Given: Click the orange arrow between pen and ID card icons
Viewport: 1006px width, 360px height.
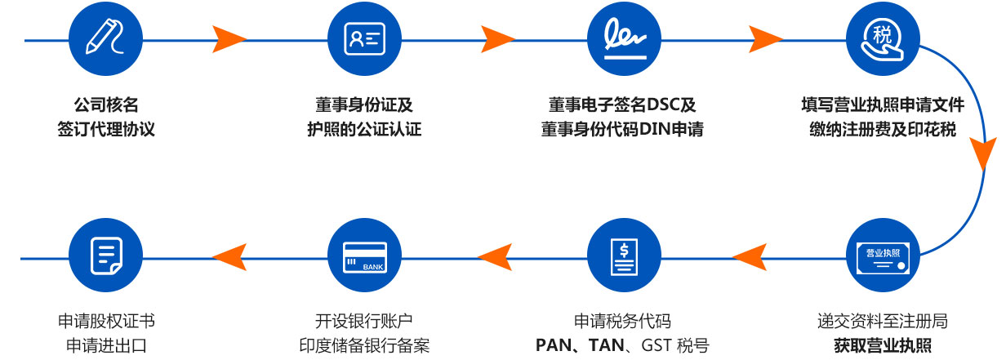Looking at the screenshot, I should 229,38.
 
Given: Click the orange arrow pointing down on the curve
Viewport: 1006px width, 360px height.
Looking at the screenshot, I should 983,153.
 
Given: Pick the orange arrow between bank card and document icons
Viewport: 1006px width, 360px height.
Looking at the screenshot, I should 229,257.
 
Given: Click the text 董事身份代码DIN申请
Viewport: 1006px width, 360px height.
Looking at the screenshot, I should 622,130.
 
